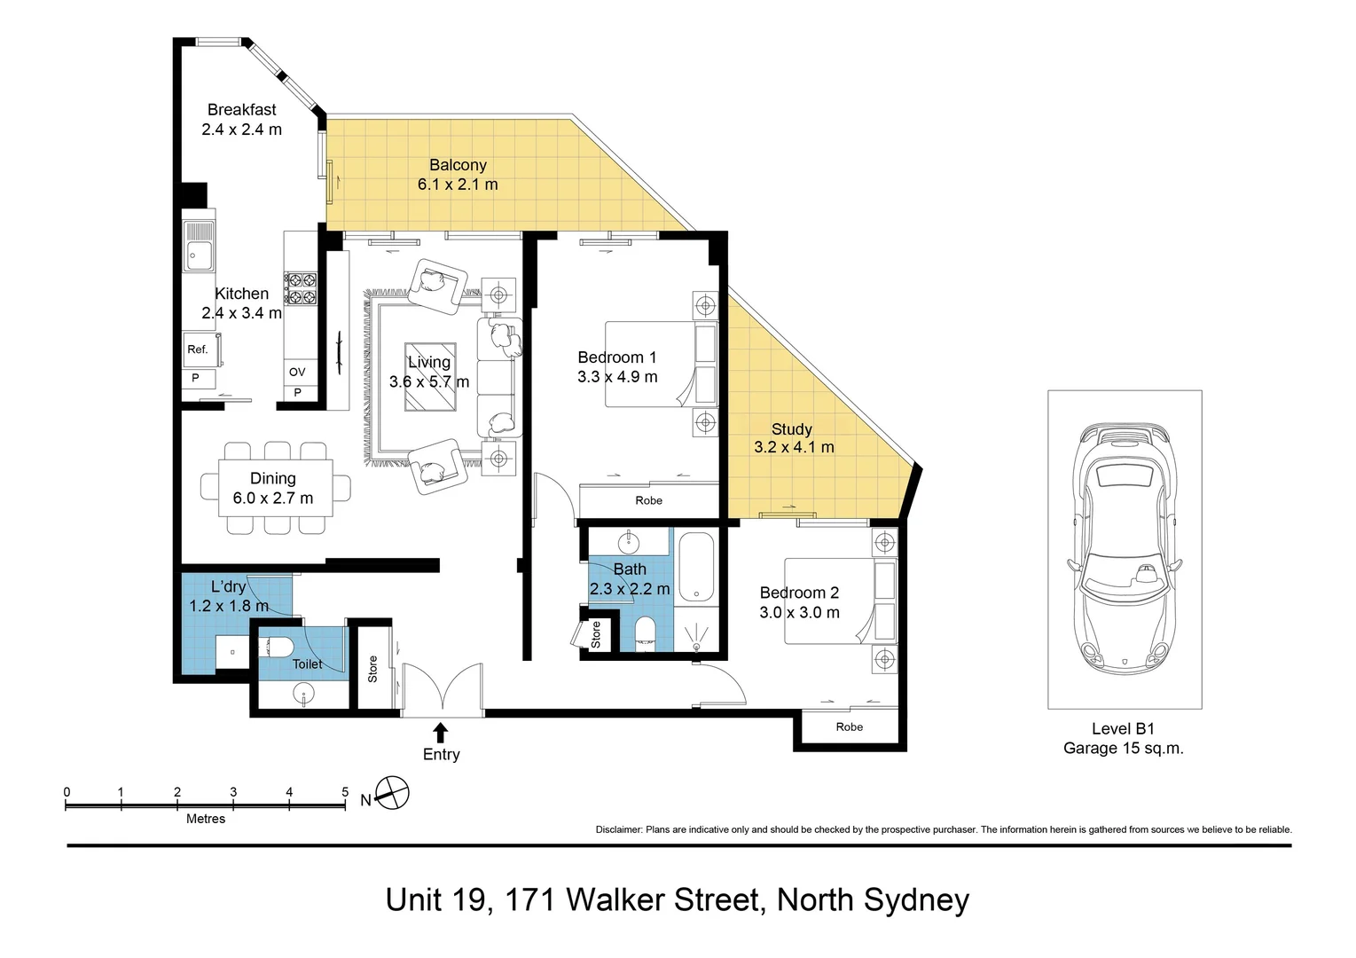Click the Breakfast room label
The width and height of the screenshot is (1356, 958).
coord(241,110)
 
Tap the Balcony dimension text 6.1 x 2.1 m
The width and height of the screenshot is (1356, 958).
coord(458,185)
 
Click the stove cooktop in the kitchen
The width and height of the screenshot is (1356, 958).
coord(301,288)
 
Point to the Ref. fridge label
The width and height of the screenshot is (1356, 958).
coord(198,349)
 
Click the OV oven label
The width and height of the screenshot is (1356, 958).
coord(297,372)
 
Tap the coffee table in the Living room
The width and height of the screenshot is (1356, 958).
coord(430,377)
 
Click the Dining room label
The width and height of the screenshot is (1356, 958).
coord(273,478)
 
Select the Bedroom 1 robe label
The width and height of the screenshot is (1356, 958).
coord(648,501)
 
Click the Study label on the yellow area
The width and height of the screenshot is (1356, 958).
coord(791,428)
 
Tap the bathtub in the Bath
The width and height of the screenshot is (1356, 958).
coord(696,568)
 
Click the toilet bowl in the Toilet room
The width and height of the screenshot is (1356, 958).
coord(278,648)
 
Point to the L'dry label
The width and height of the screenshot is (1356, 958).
coord(228,586)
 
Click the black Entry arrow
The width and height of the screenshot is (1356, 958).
coord(441,733)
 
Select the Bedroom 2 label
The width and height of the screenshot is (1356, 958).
coord(799,593)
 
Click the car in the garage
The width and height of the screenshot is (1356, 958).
coord(1125,550)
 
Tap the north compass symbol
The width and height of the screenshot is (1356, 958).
coord(392,793)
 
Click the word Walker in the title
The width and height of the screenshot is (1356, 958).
coord(662,899)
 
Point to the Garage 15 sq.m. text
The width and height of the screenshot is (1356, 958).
coord(1123,749)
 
